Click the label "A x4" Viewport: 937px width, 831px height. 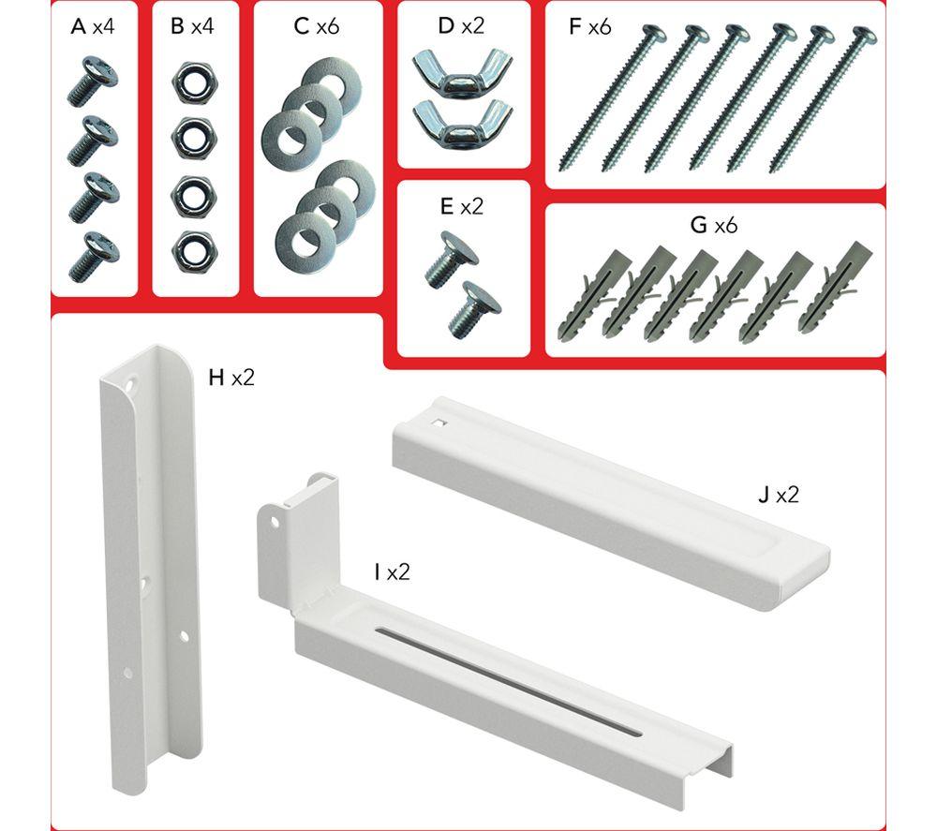click(93, 27)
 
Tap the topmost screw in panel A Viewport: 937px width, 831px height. click(92, 81)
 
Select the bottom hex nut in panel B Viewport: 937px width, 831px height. click(194, 251)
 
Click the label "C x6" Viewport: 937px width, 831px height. click(317, 27)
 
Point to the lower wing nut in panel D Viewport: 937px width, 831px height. click(462, 121)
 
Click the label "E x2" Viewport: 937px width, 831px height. click(461, 207)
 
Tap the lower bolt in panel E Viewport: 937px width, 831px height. click(474, 309)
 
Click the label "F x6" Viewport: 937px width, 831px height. click(590, 27)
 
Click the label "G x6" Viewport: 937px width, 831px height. click(713, 225)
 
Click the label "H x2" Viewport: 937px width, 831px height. click(231, 378)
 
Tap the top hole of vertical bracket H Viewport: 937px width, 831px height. click(129, 379)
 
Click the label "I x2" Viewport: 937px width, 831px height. click(392, 572)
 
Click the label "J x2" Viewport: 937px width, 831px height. click(778, 495)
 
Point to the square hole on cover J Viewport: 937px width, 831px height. click(439, 423)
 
